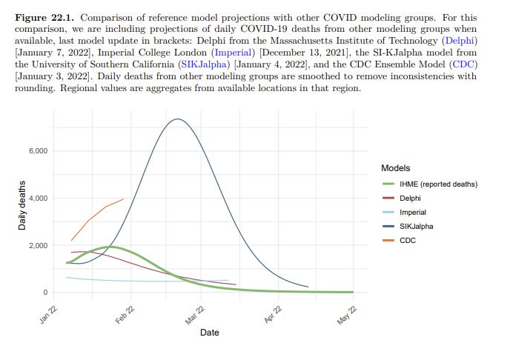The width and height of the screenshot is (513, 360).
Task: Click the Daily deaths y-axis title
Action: tap(23, 204)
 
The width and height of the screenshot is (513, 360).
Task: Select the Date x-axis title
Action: tap(210, 333)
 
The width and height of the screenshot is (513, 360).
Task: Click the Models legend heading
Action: tap(397, 168)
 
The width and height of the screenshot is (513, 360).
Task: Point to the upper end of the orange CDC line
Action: tap(124, 199)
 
